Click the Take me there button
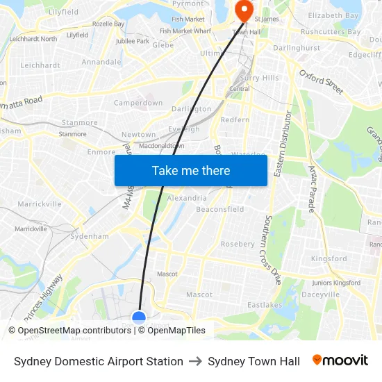coord(191,170)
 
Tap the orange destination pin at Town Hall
coord(244,10)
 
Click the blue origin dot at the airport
coord(139,318)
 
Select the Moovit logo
coord(340,360)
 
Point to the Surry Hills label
coord(258,78)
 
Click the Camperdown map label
coord(138,103)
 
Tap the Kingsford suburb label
coord(329,258)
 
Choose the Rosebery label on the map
coord(238,244)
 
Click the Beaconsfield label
coord(220,209)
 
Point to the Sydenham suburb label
coord(90,236)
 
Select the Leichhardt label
coord(40,65)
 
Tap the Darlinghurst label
coord(297,48)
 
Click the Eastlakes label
coord(265,304)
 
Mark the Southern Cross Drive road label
coord(272,250)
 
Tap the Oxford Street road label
coord(322,81)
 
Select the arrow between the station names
coord(195,361)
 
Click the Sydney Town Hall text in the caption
coord(254,361)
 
